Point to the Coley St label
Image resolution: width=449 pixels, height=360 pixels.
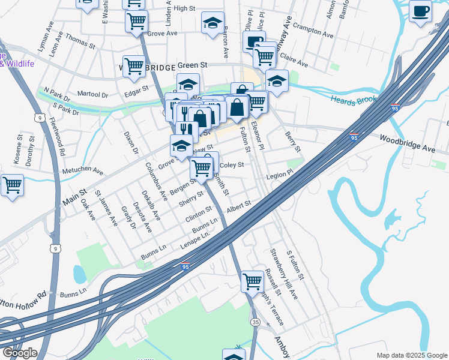tap(232, 165)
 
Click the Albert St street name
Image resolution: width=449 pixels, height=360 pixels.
tap(238, 207)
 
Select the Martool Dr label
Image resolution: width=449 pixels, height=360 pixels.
tap(92, 95)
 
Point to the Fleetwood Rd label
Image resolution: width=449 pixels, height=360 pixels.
tap(58, 136)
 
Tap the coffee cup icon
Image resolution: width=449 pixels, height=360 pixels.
tap(420, 10)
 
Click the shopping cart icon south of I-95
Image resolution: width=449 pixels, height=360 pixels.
tap(252, 281)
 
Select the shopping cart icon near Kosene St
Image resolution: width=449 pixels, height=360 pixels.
tap(12, 185)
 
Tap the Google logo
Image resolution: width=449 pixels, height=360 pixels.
tap(19, 353)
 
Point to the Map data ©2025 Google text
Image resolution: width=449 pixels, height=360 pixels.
tap(411, 355)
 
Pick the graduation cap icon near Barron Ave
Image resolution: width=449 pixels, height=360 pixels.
tap(212, 23)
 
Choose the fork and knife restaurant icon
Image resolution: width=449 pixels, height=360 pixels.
tap(187, 130)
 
